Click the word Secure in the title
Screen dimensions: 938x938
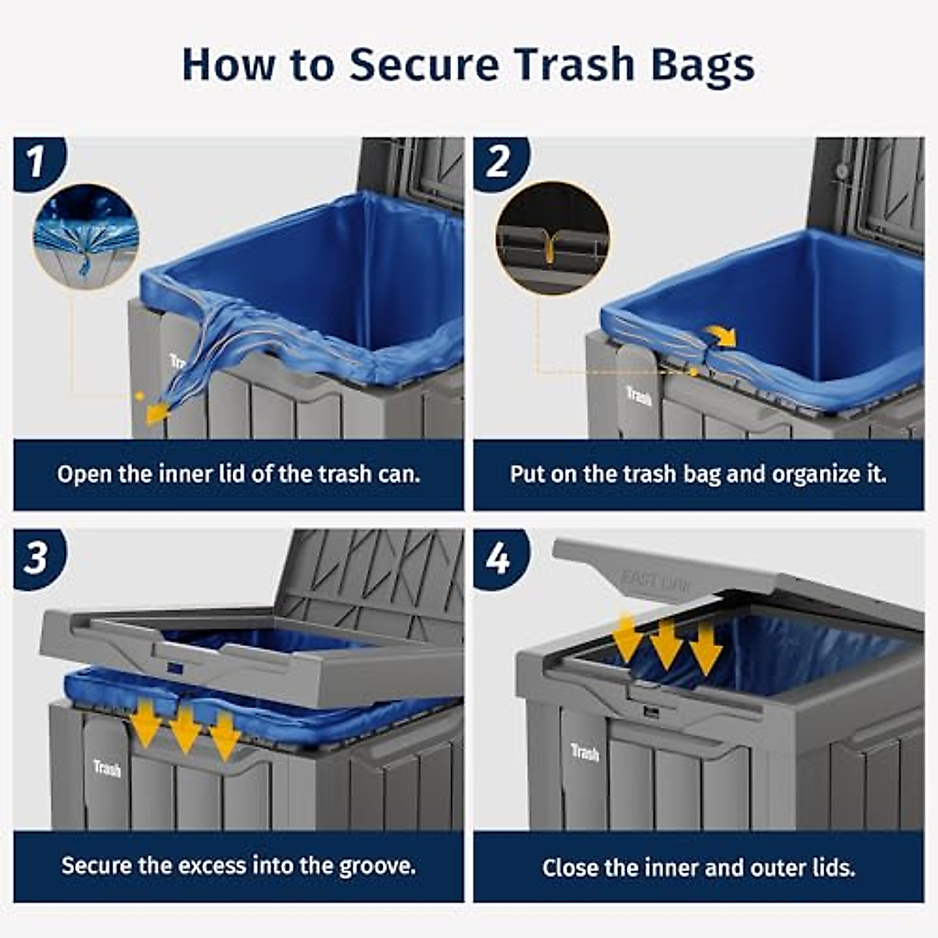(424, 64)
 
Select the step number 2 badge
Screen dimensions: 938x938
(498, 163)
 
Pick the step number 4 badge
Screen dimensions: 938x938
(498, 558)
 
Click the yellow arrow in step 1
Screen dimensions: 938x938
(156, 411)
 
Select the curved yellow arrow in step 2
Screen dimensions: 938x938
(722, 336)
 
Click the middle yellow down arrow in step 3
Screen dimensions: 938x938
(185, 729)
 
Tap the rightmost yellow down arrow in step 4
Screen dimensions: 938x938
(706, 646)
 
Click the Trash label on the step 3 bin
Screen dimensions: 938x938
(107, 768)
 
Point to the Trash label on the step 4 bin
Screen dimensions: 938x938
(585, 753)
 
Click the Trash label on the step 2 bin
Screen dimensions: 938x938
(639, 396)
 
